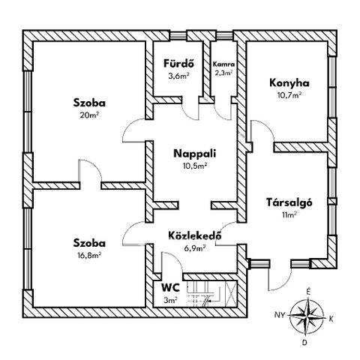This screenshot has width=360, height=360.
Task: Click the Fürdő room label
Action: pyautogui.click(x=178, y=64)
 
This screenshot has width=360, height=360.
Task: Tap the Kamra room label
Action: pyautogui.click(x=223, y=64)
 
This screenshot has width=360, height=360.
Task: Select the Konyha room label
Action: pyautogui.click(x=289, y=83)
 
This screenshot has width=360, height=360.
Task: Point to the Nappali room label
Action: pyautogui.click(x=194, y=154)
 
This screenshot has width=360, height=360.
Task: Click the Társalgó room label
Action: pyautogui.click(x=289, y=202)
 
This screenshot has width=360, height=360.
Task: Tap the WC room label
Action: pyautogui.click(x=170, y=288)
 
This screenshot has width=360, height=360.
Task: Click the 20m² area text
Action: pyautogui.click(x=89, y=115)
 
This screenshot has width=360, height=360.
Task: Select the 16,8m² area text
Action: pyautogui.click(x=89, y=255)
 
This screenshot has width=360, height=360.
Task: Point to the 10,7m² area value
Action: pyautogui.click(x=289, y=95)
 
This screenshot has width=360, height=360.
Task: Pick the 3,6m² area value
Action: pyautogui.click(x=178, y=76)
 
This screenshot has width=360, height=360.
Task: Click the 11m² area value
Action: pyautogui.click(x=289, y=214)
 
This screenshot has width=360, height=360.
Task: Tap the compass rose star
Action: pyautogui.click(x=307, y=316)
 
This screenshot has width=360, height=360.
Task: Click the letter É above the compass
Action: pyautogui.click(x=308, y=292)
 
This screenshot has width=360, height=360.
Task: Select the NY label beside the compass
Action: pyautogui.click(x=280, y=315)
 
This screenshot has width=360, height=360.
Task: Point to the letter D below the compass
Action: pyautogui.click(x=304, y=343)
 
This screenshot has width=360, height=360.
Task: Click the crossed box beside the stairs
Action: pyautogui.click(x=231, y=294)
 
